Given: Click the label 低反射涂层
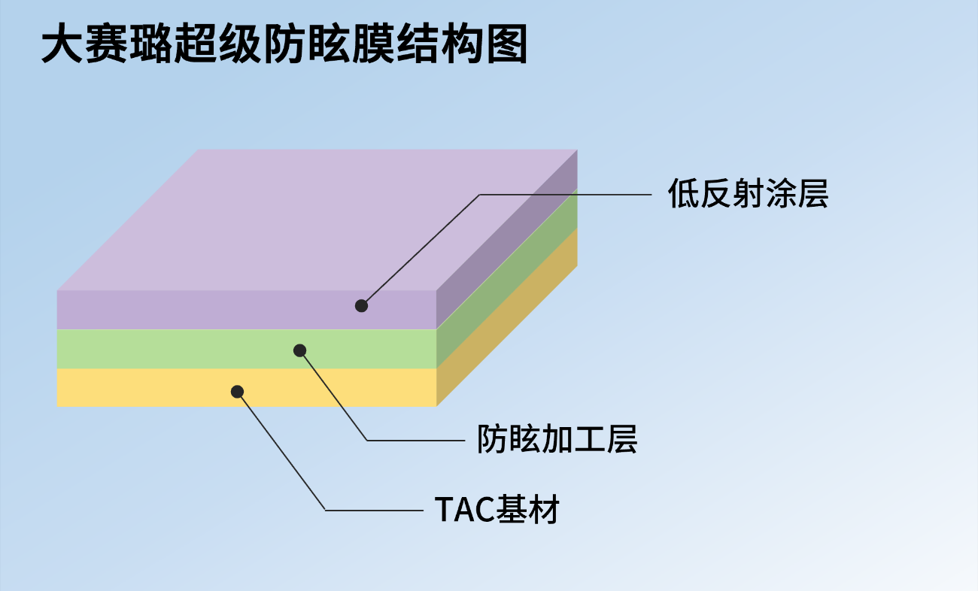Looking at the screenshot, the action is tap(748, 193).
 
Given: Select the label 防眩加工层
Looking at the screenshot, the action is tap(557, 439).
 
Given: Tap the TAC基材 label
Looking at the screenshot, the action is tap(497, 509).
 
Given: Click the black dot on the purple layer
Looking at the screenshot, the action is tap(361, 305).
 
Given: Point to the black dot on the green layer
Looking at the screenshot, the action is tap(299, 350).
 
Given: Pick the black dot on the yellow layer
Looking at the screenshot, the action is tap(237, 392).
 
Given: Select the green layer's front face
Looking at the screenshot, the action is tap(247, 349).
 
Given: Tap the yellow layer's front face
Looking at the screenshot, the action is tap(247, 387).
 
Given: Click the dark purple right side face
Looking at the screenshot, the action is tap(507, 239).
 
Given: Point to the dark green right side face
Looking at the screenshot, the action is tap(507, 278).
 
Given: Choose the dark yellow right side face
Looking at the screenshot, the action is tap(507, 317).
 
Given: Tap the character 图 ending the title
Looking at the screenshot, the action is tap(507, 44).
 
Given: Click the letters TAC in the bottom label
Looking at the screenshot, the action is tap(465, 509).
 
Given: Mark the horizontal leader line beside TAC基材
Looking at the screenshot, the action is tap(374, 511).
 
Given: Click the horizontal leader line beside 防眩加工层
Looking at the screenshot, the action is tap(415, 441).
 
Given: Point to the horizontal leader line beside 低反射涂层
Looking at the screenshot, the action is tap(566, 195).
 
